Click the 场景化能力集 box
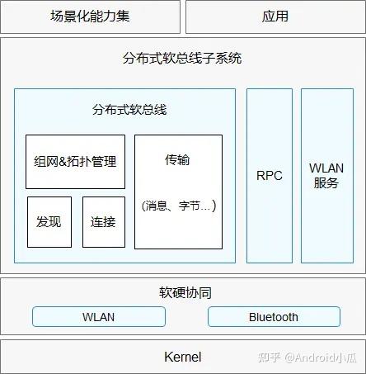(90, 17)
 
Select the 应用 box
(275, 17)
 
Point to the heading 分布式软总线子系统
(182, 59)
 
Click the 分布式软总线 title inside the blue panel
(129, 110)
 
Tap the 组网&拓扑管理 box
(75, 162)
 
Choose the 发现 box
(49, 222)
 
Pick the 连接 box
(104, 222)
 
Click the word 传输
(177, 159)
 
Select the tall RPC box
(270, 176)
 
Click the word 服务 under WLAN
(326, 183)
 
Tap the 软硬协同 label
(185, 292)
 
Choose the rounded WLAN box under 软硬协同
(99, 317)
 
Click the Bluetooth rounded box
(274, 317)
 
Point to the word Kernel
(183, 357)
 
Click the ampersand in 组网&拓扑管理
(63, 162)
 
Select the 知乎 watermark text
(270, 357)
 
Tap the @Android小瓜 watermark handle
(321, 357)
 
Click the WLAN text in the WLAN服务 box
(326, 168)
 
